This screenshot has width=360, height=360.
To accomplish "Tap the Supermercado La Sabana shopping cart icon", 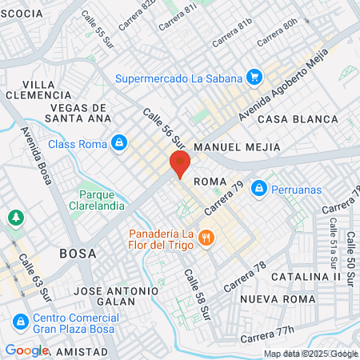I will coord(254,78).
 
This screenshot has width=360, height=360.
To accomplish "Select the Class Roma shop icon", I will coord(119,143).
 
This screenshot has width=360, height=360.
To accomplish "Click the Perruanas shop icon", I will coord(258,188).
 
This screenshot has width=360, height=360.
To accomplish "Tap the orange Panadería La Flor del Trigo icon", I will coord(206,237).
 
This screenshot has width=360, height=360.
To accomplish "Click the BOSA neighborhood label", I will coord(78,253).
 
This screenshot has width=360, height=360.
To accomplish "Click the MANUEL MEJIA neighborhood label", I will coord(237,147).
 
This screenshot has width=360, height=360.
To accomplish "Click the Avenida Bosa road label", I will coord(37,155).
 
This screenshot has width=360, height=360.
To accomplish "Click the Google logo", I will coord(26,350).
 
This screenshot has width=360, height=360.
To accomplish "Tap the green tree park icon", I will coord(15,218).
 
